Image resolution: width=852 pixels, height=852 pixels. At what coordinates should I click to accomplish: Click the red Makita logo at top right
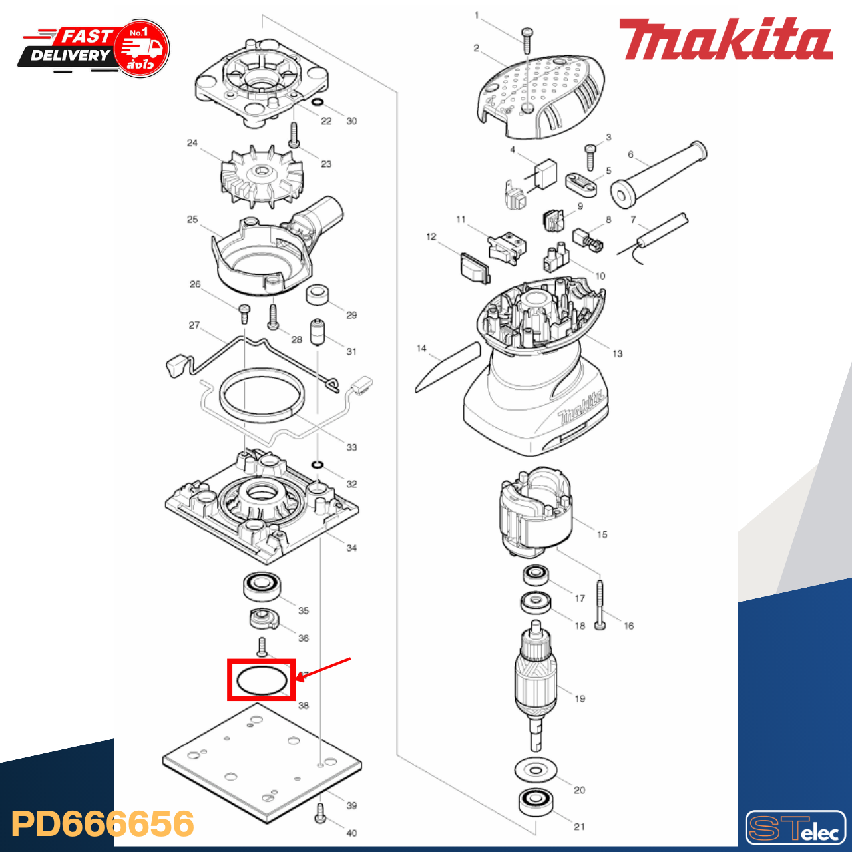point(726,40)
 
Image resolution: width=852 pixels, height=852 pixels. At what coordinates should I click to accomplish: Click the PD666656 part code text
point(103,824)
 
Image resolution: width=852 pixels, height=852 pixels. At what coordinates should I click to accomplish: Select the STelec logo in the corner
point(795,827)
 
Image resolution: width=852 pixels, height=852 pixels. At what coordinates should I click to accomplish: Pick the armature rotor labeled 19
point(536,679)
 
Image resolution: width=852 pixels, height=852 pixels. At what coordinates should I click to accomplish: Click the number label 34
point(351,548)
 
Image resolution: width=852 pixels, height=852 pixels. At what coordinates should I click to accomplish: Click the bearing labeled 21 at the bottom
point(536,801)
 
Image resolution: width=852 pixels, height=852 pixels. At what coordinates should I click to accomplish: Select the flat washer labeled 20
point(536,771)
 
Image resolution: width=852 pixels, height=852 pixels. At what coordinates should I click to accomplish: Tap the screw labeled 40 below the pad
point(319,813)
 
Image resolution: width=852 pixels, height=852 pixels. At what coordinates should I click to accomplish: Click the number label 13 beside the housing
point(617,353)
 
